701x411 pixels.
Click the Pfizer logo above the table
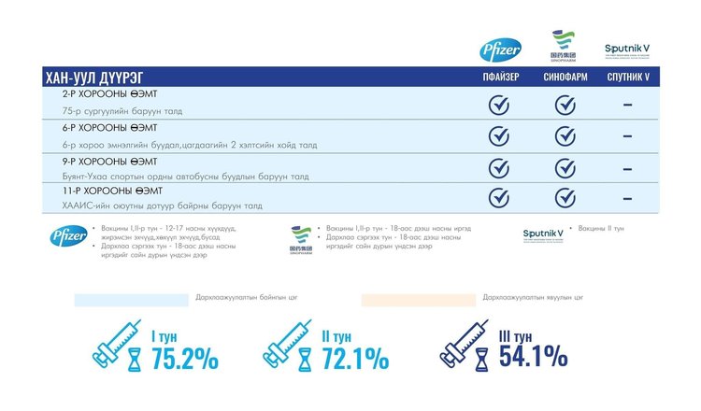click(494, 50)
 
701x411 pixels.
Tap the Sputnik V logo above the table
click(628, 49)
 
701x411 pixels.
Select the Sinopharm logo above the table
click(563, 46)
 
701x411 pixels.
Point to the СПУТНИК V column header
click(628, 78)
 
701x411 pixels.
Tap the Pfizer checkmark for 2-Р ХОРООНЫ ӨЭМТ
click(499, 105)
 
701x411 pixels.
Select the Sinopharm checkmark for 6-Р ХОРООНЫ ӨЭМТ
click(565, 136)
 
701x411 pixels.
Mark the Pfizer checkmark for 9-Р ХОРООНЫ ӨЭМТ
click(499, 167)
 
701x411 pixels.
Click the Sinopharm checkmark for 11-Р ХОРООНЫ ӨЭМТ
click(565, 198)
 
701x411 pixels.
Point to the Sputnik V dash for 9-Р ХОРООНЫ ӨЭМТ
click(627, 167)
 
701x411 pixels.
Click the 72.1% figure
click(354, 358)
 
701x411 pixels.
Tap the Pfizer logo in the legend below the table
click(68, 235)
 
